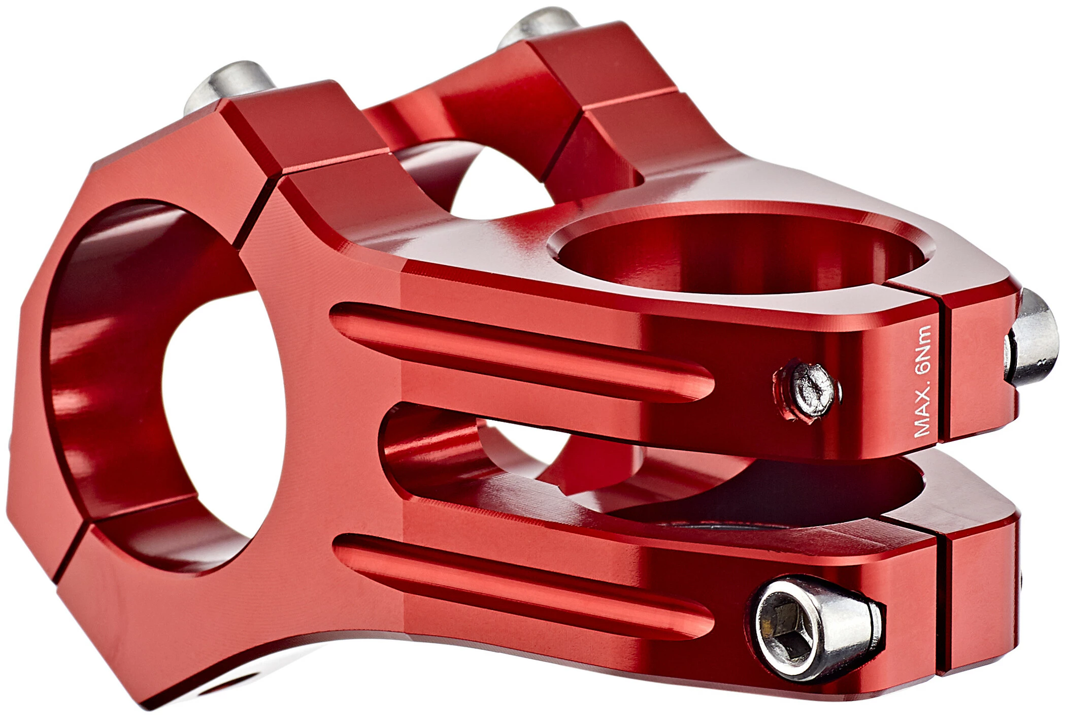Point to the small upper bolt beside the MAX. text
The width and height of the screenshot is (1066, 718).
pyautogui.click(x=808, y=389)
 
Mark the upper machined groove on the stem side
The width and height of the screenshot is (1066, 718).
pyautogui.click(x=523, y=351)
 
